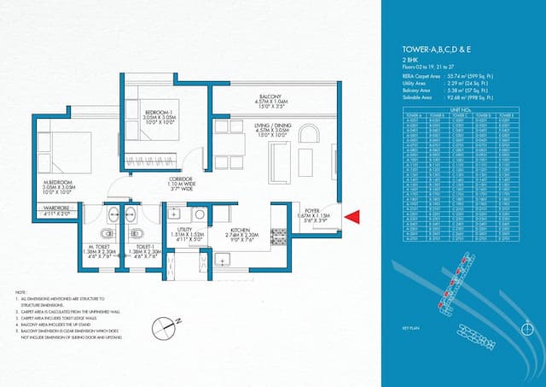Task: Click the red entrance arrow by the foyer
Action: tap(351, 220)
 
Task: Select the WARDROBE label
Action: tap(56, 208)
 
